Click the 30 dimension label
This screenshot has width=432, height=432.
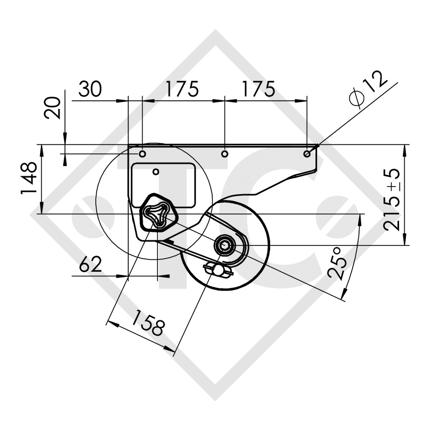pyautogui.click(x=90, y=89)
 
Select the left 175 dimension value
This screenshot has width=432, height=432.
pyautogui.click(x=182, y=89)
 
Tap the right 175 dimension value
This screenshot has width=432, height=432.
pyautogui.click(x=258, y=89)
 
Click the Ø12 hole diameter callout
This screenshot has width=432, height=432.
pyautogui.click(x=368, y=89)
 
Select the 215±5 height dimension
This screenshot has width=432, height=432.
pyautogui.click(x=392, y=200)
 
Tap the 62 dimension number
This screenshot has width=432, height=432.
pyautogui.click(x=91, y=265)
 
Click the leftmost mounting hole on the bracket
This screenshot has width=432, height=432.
pyautogui.click(x=143, y=154)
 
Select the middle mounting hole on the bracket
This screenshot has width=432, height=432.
pyautogui.click(x=225, y=154)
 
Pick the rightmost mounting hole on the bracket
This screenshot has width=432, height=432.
pyautogui.click(x=307, y=154)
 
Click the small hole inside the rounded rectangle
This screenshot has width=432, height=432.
pyautogui.click(x=156, y=171)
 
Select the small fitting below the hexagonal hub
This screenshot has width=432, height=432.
pyautogui.click(x=218, y=269)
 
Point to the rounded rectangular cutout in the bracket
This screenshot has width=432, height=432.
pyautogui.click(x=163, y=185)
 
